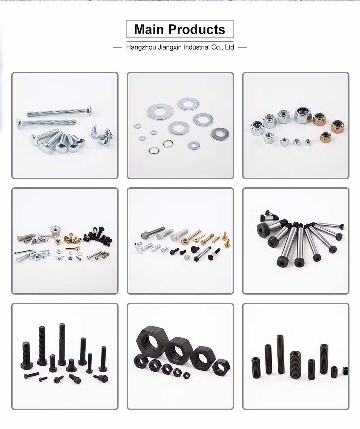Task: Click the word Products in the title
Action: click(x=197, y=30)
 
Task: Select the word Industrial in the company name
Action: click(x=196, y=47)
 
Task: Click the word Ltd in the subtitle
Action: click(x=230, y=47)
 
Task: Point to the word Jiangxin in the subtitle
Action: click(x=169, y=48)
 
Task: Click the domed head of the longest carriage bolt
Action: click(x=89, y=110)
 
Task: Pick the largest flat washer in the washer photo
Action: click(x=160, y=111)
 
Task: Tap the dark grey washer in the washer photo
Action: click(x=220, y=134)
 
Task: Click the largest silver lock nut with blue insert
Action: click(x=303, y=115)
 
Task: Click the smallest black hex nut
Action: click(x=186, y=375)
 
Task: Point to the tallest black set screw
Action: click(x=281, y=354)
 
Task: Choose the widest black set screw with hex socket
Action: click(x=295, y=365)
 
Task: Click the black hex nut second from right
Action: click(x=202, y=358)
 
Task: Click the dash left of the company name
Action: click(x=118, y=48)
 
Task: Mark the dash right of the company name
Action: click(x=242, y=48)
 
